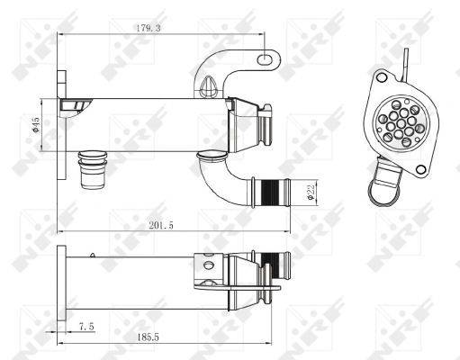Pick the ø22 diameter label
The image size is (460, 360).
point(309,192)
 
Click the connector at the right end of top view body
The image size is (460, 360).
point(266,127)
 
